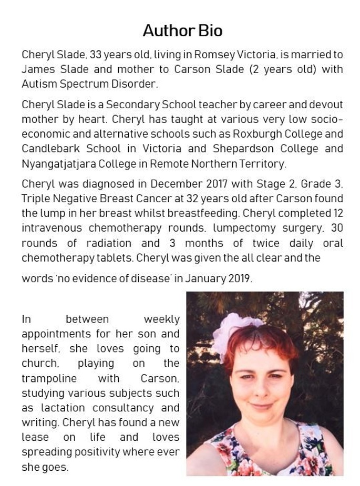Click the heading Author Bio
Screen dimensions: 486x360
tap(182, 30)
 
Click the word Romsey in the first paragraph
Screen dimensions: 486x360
tap(212, 55)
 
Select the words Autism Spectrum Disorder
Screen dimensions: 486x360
tap(89, 84)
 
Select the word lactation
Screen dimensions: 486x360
tap(60, 408)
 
